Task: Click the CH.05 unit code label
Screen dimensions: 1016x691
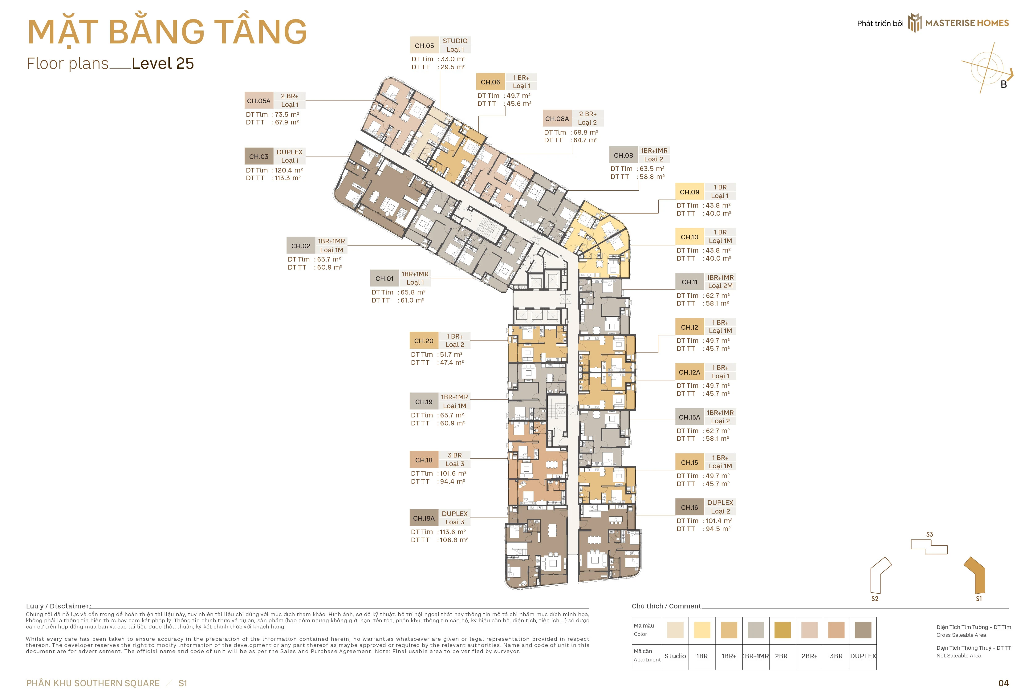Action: click(424, 46)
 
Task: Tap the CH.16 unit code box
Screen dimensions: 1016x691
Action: click(689, 507)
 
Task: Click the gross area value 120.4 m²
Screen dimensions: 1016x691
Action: click(289, 170)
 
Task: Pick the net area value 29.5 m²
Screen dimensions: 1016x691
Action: click(453, 67)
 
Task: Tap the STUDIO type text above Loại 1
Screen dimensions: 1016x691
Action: click(455, 41)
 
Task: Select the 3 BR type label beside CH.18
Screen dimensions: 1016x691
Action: click(455, 455)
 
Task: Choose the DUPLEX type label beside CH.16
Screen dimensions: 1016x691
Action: click(720, 503)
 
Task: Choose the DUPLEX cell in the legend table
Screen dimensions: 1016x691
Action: click(863, 656)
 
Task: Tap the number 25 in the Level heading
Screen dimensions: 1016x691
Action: click(185, 63)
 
